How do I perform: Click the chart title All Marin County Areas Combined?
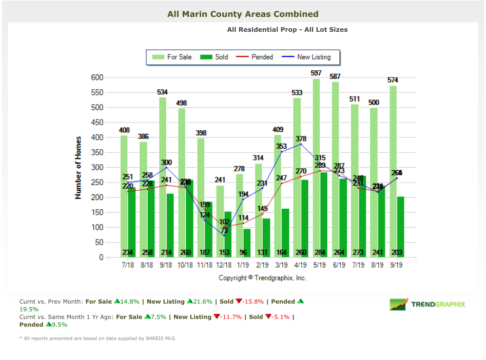click(x=243, y=14)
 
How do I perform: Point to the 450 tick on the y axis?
click(x=96, y=123)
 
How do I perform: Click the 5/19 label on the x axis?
click(x=319, y=266)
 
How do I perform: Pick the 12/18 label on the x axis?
click(x=224, y=266)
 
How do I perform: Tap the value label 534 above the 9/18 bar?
click(x=163, y=92)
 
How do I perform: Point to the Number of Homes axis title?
click(x=79, y=168)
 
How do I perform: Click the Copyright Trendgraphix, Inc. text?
click(x=262, y=277)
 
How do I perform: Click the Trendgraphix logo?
click(x=427, y=305)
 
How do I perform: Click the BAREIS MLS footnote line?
click(x=100, y=338)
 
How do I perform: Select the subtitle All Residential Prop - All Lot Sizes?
click(x=287, y=30)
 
